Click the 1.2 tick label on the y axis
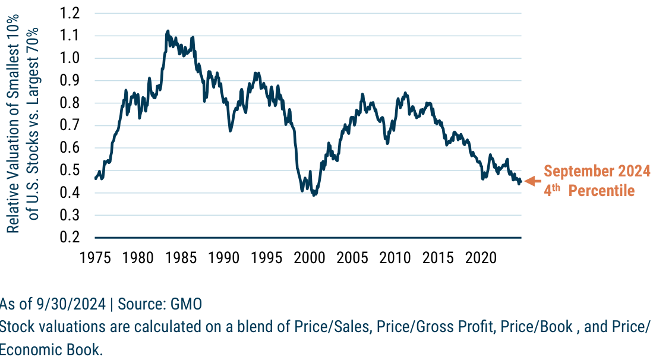coord(71,13)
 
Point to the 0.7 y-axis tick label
coord(71,125)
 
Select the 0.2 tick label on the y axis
coord(71,238)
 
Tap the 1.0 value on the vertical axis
coord(71,58)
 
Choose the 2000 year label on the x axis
coord(309,258)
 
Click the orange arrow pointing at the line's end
coord(532,181)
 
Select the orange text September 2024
coord(597,172)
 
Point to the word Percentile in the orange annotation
coord(601,191)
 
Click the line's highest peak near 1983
coord(168,31)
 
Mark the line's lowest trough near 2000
coord(314,194)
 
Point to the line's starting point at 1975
coord(95,178)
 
